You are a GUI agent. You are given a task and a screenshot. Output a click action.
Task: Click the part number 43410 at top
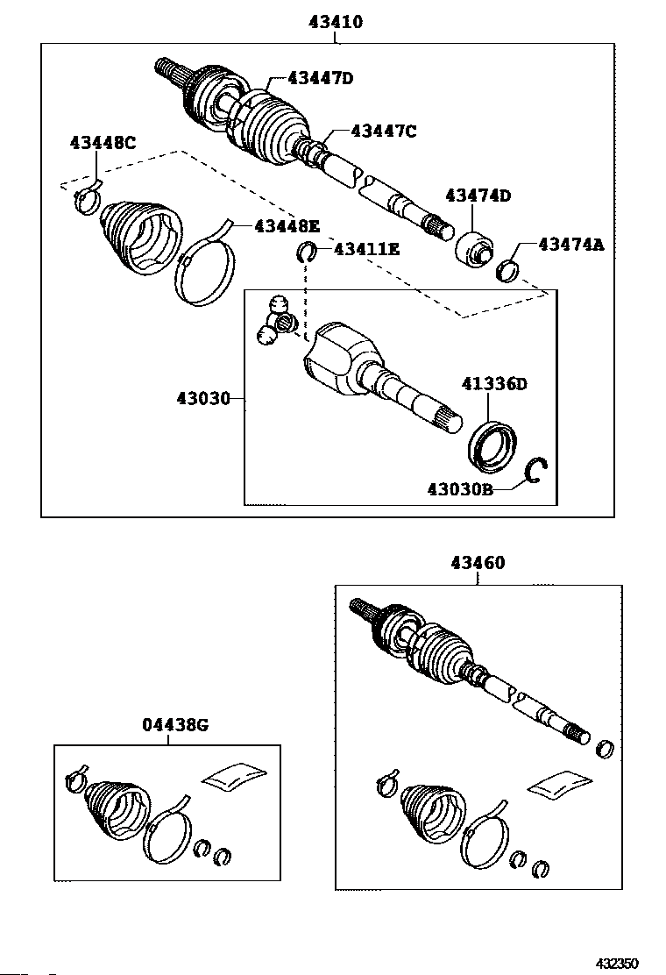pyautogui.click(x=336, y=22)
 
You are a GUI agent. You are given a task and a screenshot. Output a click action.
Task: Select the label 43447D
pyautogui.click(x=310, y=79)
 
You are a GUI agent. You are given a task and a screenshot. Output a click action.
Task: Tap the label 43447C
pyautogui.click(x=383, y=132)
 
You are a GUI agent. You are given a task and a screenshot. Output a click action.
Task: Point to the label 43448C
pyautogui.click(x=103, y=143)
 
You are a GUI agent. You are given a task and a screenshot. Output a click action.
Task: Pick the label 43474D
pyautogui.click(x=478, y=196)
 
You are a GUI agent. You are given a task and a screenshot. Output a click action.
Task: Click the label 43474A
pyautogui.click(x=570, y=246)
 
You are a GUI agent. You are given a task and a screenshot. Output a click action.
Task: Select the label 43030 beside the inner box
pyautogui.click(x=202, y=399)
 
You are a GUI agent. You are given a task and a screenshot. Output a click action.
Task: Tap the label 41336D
pyautogui.click(x=496, y=384)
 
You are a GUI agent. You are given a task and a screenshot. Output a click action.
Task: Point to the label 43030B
pyautogui.click(x=460, y=489)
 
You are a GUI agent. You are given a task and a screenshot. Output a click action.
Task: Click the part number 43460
pyautogui.click(x=478, y=564)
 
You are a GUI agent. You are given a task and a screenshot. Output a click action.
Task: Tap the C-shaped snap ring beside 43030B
pyautogui.click(x=537, y=473)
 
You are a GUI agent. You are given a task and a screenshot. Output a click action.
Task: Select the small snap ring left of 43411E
pyautogui.click(x=307, y=253)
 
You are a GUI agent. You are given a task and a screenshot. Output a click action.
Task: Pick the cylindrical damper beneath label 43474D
pyautogui.click(x=476, y=249)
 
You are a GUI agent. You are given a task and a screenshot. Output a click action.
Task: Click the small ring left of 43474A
pyautogui.click(x=507, y=269)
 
